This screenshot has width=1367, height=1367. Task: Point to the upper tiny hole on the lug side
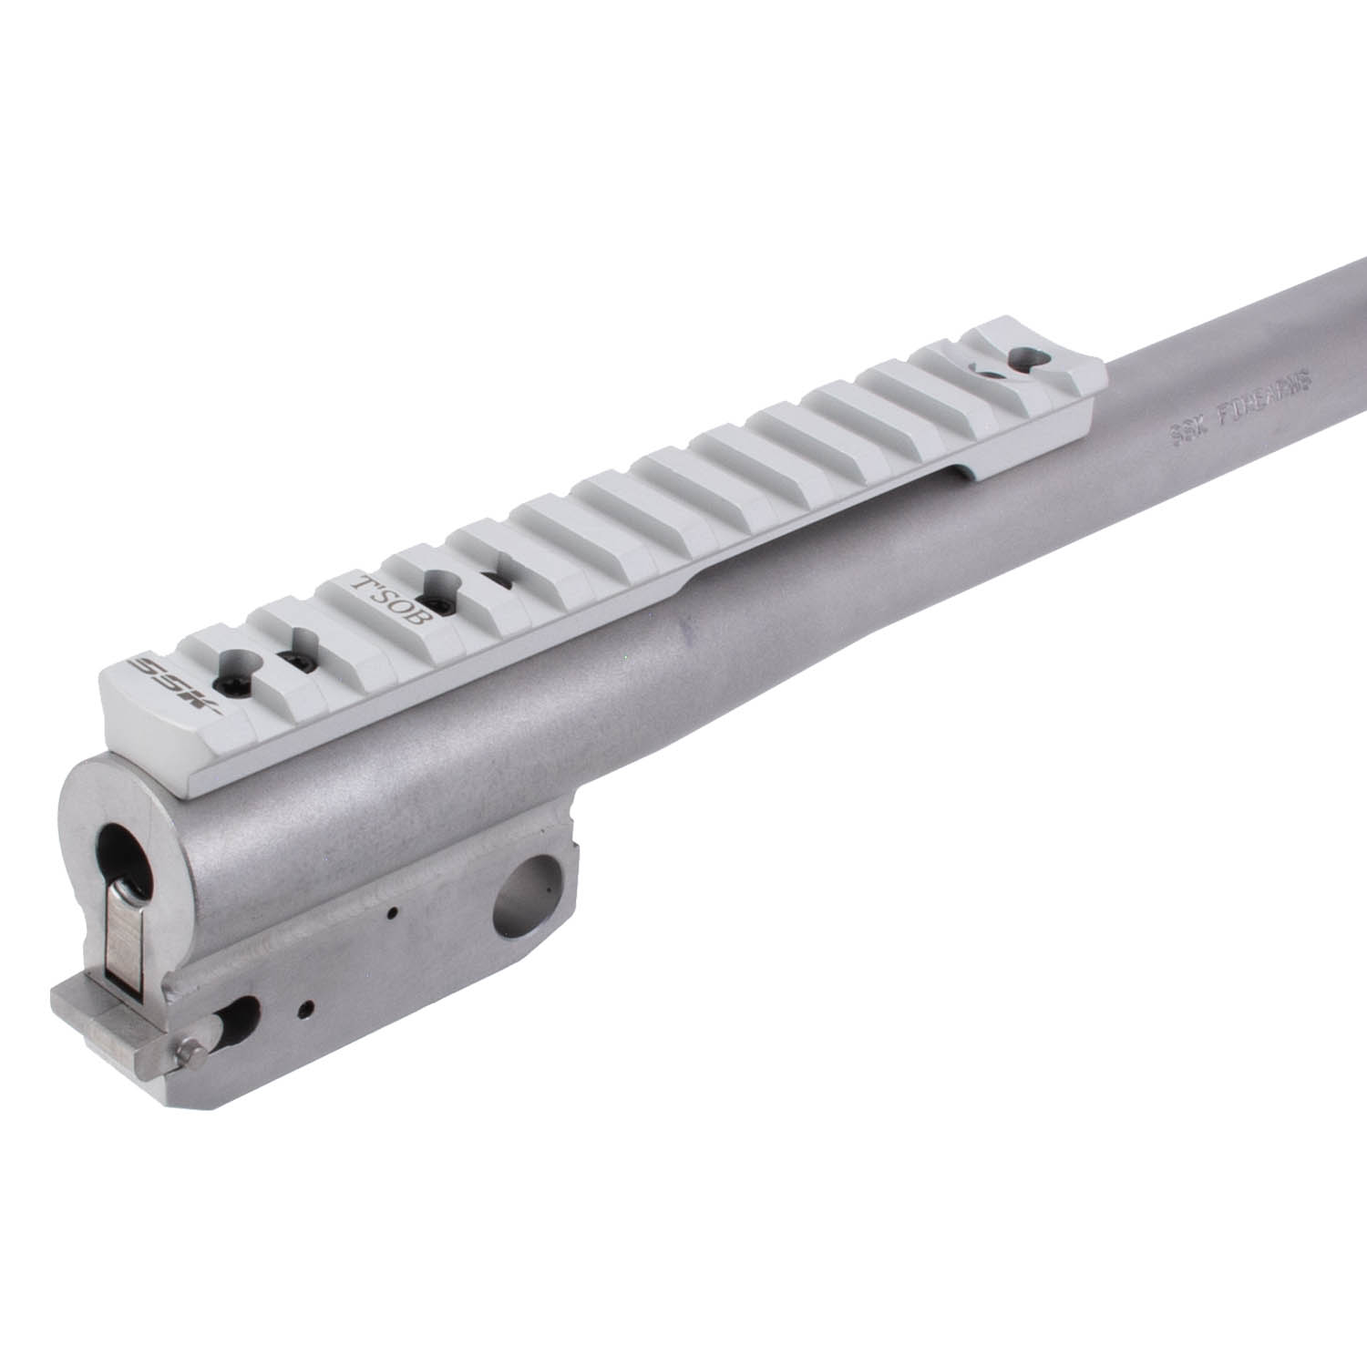pyautogui.click(x=391, y=912)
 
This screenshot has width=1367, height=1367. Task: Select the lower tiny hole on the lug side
pyautogui.click(x=311, y=1007)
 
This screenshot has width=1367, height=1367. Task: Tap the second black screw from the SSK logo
pyautogui.click(x=295, y=658)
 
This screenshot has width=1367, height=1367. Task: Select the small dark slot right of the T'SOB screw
pyautogui.click(x=497, y=579)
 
